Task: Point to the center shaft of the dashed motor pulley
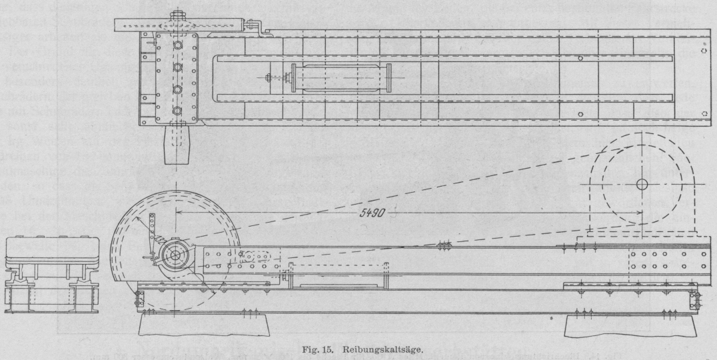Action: point(642,184)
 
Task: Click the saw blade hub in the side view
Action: point(175,255)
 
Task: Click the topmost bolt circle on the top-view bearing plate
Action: point(179,45)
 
